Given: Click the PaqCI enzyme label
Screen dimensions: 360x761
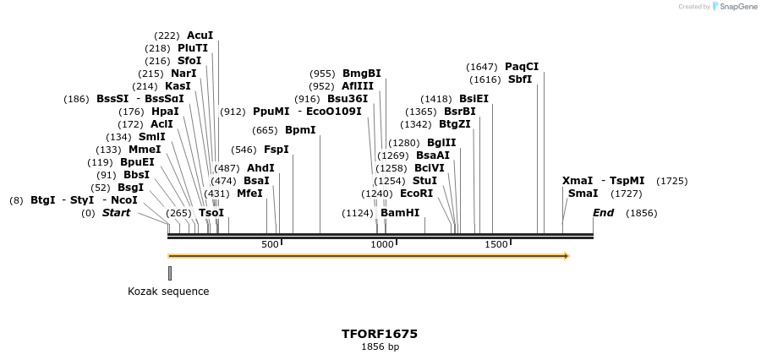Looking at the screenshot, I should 522,67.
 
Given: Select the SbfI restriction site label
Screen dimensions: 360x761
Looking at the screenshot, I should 520,79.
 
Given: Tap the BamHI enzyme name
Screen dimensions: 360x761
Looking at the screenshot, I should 400,213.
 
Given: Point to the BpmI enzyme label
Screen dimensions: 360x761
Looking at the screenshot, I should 300,130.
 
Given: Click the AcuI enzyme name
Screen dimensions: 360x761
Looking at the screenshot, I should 200,35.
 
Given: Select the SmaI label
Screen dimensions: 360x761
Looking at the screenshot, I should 583,194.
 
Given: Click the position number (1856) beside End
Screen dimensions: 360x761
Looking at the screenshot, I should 641,213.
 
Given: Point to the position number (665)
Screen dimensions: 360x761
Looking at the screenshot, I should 266,130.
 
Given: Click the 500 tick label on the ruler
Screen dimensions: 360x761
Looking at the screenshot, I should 270,244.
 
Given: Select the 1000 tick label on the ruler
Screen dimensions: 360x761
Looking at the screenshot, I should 383,244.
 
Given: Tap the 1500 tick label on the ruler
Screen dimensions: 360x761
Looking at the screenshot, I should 496,244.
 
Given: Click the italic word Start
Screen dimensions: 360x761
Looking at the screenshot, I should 117,213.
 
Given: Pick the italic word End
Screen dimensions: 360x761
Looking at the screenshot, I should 603,213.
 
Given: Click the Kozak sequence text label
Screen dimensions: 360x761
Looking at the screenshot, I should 168,292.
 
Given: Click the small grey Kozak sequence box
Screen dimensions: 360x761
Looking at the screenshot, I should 170,273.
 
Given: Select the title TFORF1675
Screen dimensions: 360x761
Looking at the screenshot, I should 380,334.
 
